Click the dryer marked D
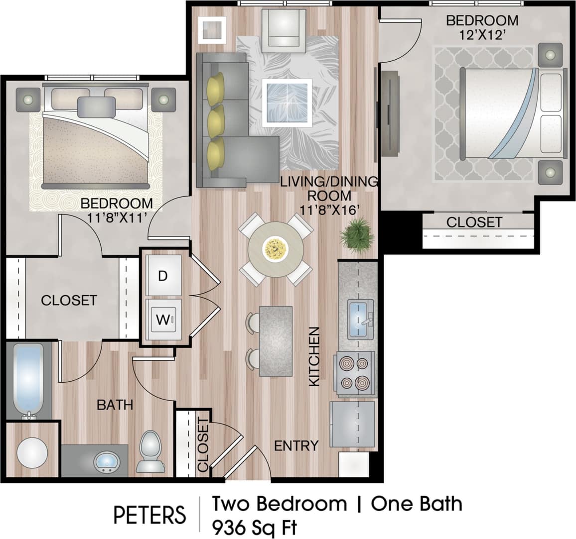pyautogui.click(x=163, y=276)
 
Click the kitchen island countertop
pyautogui.click(x=276, y=340)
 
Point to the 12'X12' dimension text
pyautogui.click(x=482, y=35)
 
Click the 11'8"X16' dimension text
pyautogui.click(x=329, y=210)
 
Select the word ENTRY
pyautogui.click(x=296, y=445)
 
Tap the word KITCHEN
pyautogui.click(x=314, y=356)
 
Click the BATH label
pyautogui.click(x=115, y=405)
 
